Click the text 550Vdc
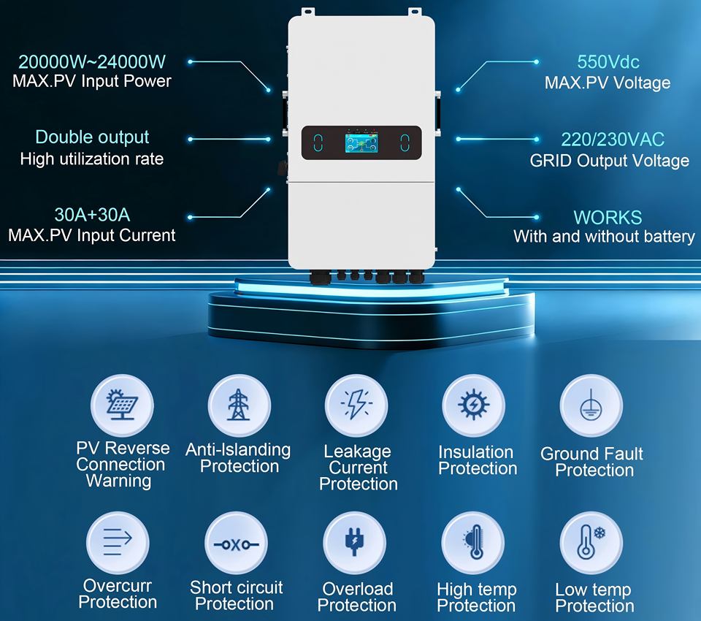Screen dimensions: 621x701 (x=608, y=62)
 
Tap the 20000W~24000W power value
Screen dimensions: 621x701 (x=92, y=61)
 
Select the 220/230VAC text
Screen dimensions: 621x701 (x=613, y=140)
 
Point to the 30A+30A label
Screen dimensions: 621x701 (x=92, y=215)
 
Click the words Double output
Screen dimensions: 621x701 (x=92, y=137)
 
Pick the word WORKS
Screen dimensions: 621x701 (x=608, y=217)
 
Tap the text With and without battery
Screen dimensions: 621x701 (x=604, y=236)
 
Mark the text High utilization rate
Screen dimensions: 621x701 (x=92, y=158)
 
